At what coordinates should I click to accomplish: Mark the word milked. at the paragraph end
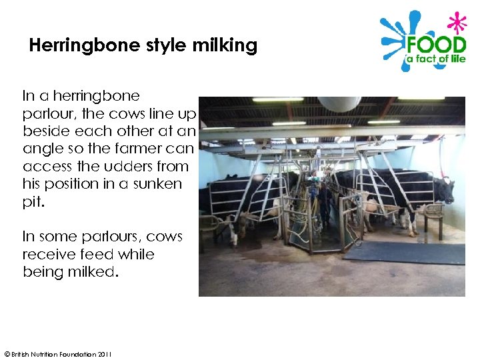(x=87, y=272)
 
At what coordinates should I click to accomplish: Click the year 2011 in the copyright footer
(x=104, y=353)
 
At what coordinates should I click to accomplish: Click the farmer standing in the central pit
(x=324, y=200)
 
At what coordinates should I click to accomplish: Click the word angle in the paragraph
(x=41, y=148)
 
